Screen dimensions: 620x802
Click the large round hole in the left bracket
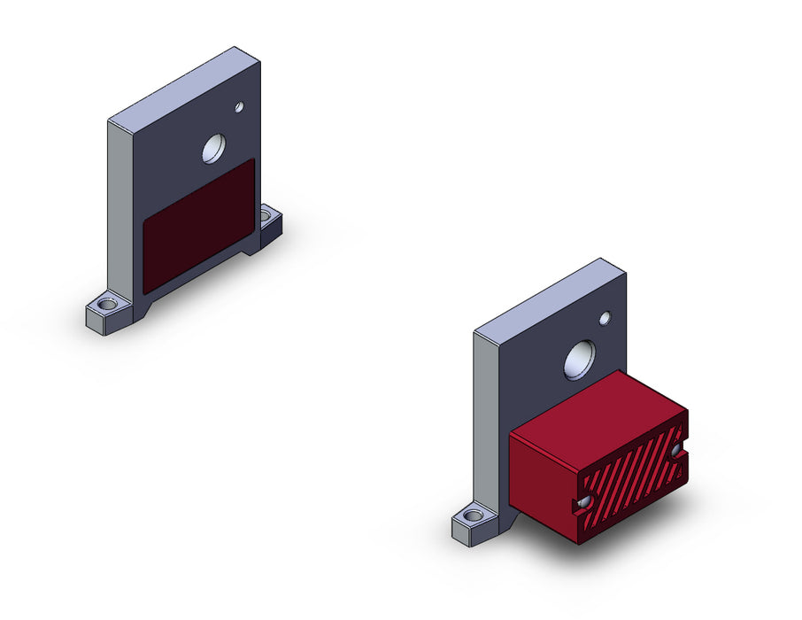tap(214, 149)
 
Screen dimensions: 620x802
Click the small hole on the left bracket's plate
tap(239, 107)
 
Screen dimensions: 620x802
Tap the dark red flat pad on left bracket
tap(199, 225)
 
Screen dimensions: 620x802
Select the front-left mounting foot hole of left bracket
tap(107, 305)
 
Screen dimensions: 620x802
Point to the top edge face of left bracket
tap(184, 84)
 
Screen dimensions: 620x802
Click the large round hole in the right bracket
tap(580, 360)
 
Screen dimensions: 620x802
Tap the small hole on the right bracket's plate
tap(605, 318)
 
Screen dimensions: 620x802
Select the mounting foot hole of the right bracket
tap(473, 515)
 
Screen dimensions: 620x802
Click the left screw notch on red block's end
tap(583, 502)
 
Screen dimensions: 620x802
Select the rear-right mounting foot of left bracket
tap(269, 227)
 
